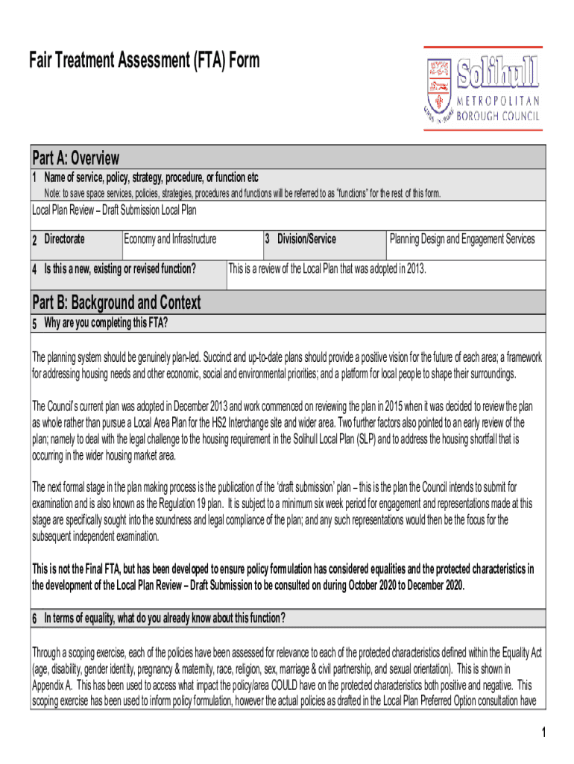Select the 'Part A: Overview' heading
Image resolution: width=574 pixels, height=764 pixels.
pos(75,158)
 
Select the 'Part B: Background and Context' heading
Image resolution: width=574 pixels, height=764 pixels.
pos(116,302)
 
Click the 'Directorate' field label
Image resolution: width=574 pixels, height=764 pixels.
pos(64,239)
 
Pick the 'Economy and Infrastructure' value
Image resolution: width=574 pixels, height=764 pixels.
pos(171,239)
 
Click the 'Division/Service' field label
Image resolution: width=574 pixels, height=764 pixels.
pos(306,239)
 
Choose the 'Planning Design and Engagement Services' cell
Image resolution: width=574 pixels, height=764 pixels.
pos(462,239)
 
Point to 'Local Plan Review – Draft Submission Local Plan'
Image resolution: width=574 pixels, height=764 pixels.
pos(114,210)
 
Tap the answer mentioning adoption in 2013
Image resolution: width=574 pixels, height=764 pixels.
pos(327,269)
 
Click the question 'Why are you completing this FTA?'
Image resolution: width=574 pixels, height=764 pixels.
pos(106,322)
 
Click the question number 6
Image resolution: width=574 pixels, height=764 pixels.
pos(34,618)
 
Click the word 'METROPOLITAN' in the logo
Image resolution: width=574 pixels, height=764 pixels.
pos(498,102)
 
